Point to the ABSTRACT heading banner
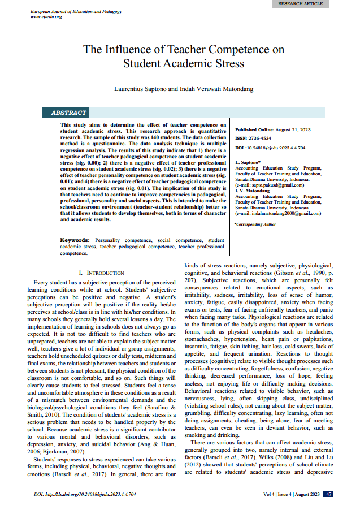68,113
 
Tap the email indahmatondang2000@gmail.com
281,213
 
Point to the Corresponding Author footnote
255,225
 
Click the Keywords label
75,240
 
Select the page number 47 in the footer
328,494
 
